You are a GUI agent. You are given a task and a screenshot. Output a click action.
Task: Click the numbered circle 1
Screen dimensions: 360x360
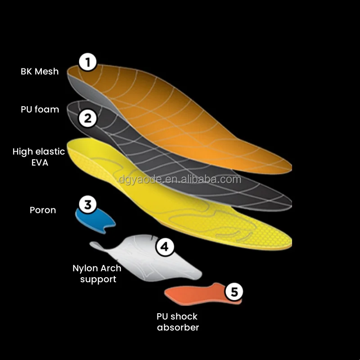tap(88, 62)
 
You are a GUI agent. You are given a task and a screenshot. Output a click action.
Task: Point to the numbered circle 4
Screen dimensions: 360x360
tap(165, 247)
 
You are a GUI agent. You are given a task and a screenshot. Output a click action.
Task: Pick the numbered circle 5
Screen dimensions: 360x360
tap(234, 292)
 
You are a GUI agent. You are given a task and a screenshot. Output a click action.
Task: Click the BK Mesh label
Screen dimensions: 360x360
tap(40, 72)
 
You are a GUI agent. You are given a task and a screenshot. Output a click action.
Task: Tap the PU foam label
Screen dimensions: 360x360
tap(40, 109)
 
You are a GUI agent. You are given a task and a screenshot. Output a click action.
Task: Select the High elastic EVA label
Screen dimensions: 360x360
tap(39, 157)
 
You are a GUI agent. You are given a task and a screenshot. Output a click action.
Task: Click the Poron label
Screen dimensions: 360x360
tap(43, 210)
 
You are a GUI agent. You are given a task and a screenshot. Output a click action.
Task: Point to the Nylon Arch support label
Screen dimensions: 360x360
tap(97, 274)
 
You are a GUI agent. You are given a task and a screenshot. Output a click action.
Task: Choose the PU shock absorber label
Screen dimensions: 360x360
tap(177, 322)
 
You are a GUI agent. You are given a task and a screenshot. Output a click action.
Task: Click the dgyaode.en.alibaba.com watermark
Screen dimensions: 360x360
tap(180, 180)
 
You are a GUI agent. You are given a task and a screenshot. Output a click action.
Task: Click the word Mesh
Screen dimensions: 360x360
tap(47, 72)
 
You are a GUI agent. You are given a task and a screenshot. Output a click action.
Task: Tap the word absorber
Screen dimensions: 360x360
tap(178, 328)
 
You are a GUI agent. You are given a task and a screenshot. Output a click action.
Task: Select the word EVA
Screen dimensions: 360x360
tap(39, 162)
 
